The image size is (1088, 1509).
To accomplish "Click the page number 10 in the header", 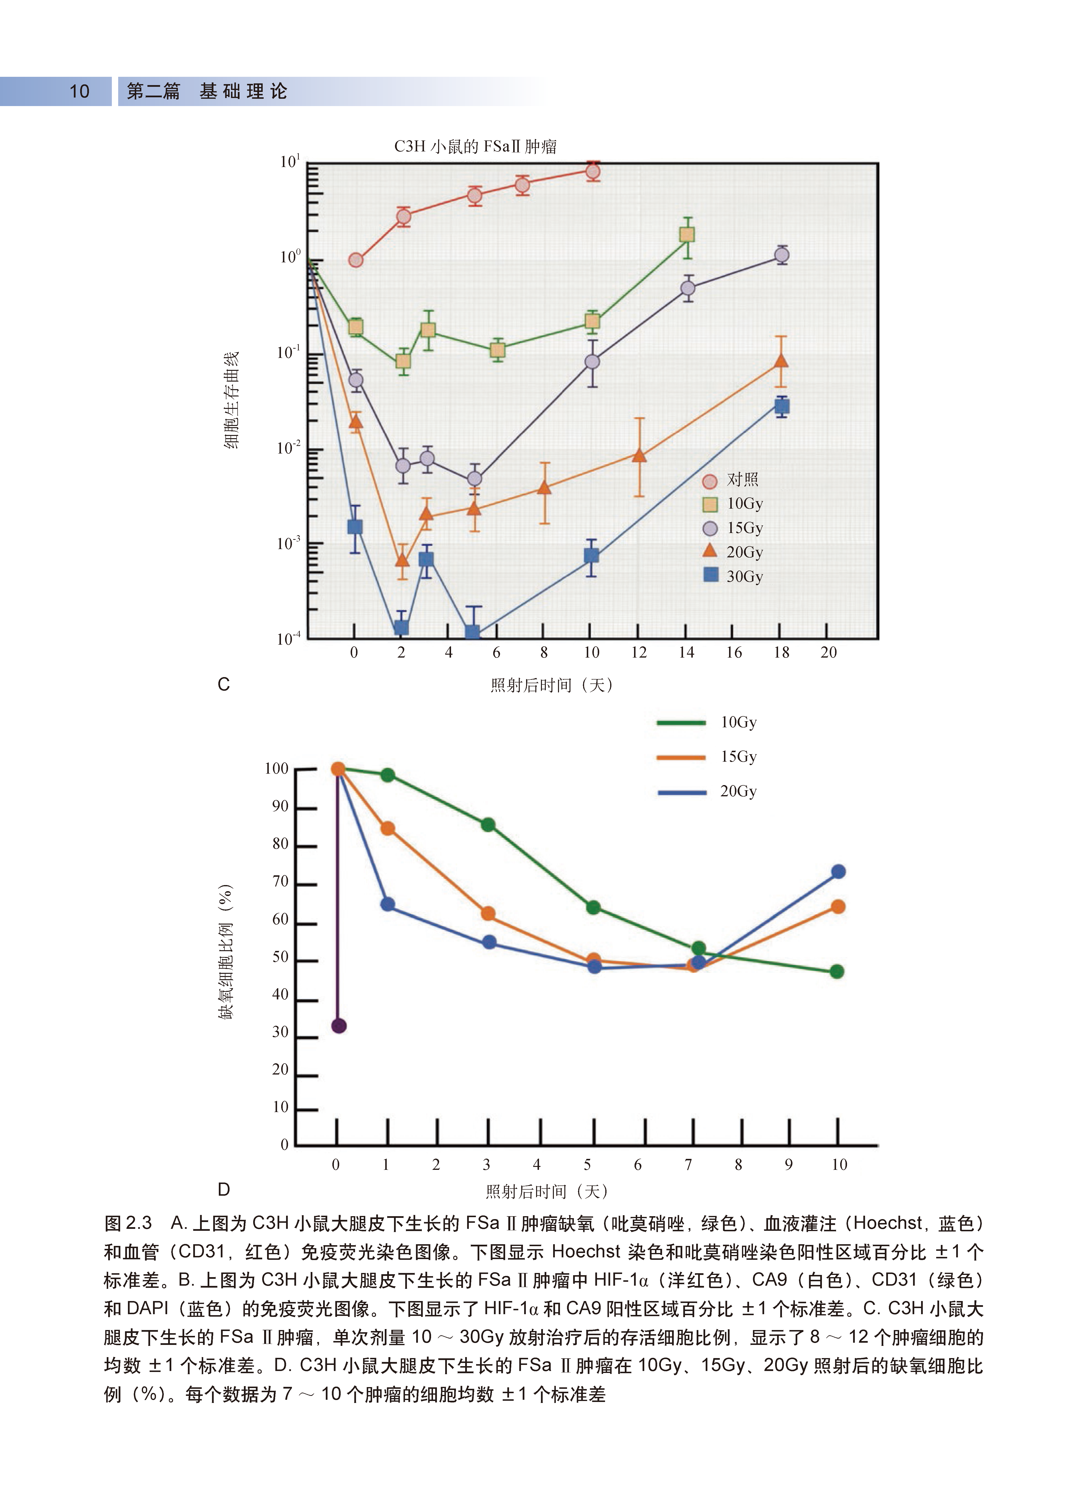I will (x=79, y=91).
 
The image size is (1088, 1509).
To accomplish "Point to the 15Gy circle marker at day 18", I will (x=782, y=255).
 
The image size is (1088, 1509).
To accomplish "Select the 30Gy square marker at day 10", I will (x=591, y=556).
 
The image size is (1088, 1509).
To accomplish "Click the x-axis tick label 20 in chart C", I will (x=829, y=653).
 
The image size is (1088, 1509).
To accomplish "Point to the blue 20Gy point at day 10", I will (x=838, y=872).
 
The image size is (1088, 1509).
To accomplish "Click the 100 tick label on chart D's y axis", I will (x=277, y=769).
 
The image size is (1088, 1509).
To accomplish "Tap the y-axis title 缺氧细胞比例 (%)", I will (x=226, y=951).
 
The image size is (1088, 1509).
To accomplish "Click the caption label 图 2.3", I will (x=128, y=1223).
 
